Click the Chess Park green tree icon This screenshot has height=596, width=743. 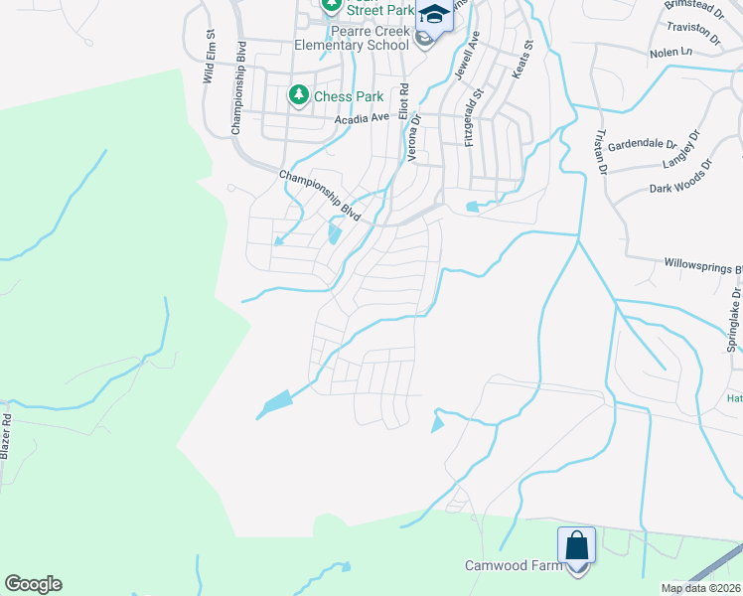[x=298, y=95]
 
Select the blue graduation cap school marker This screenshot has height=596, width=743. [x=433, y=15]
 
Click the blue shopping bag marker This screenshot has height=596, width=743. [x=576, y=545]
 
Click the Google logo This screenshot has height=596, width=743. [x=33, y=584]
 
